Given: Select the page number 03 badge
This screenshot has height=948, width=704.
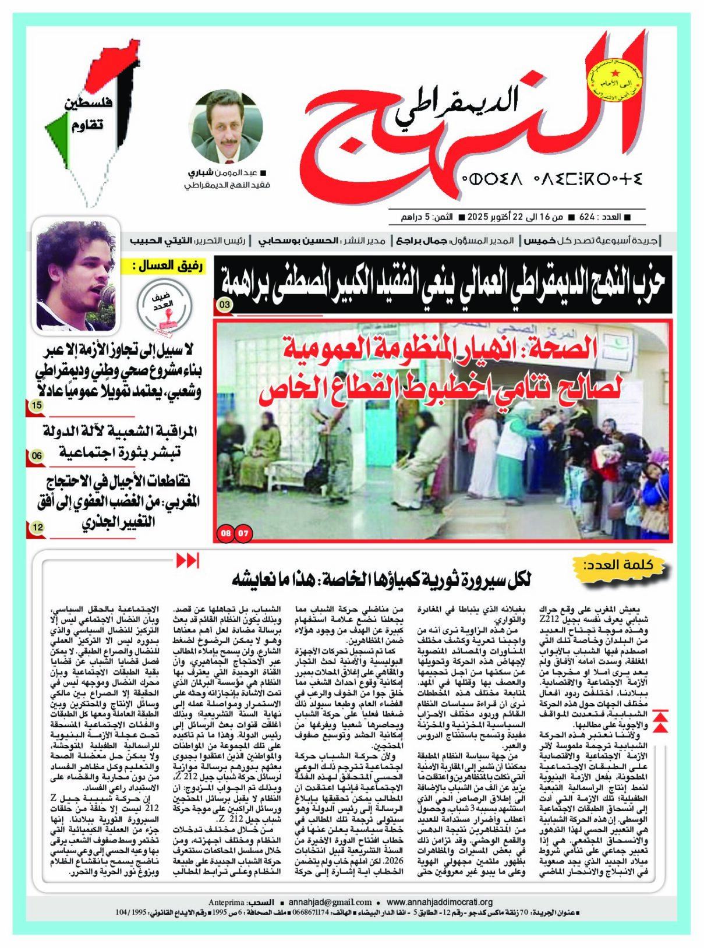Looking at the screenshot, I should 225,304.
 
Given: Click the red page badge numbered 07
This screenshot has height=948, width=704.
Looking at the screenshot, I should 243,532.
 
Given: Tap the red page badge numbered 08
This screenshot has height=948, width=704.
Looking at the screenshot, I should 226,532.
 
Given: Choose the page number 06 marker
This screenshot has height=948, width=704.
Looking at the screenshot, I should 36,455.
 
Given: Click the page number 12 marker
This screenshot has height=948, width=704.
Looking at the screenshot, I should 36,527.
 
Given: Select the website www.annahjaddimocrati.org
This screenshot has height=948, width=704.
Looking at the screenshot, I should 440,902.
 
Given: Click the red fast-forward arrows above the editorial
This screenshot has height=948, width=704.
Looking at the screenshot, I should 188,561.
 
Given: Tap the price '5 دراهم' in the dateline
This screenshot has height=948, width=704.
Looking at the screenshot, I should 416,217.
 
